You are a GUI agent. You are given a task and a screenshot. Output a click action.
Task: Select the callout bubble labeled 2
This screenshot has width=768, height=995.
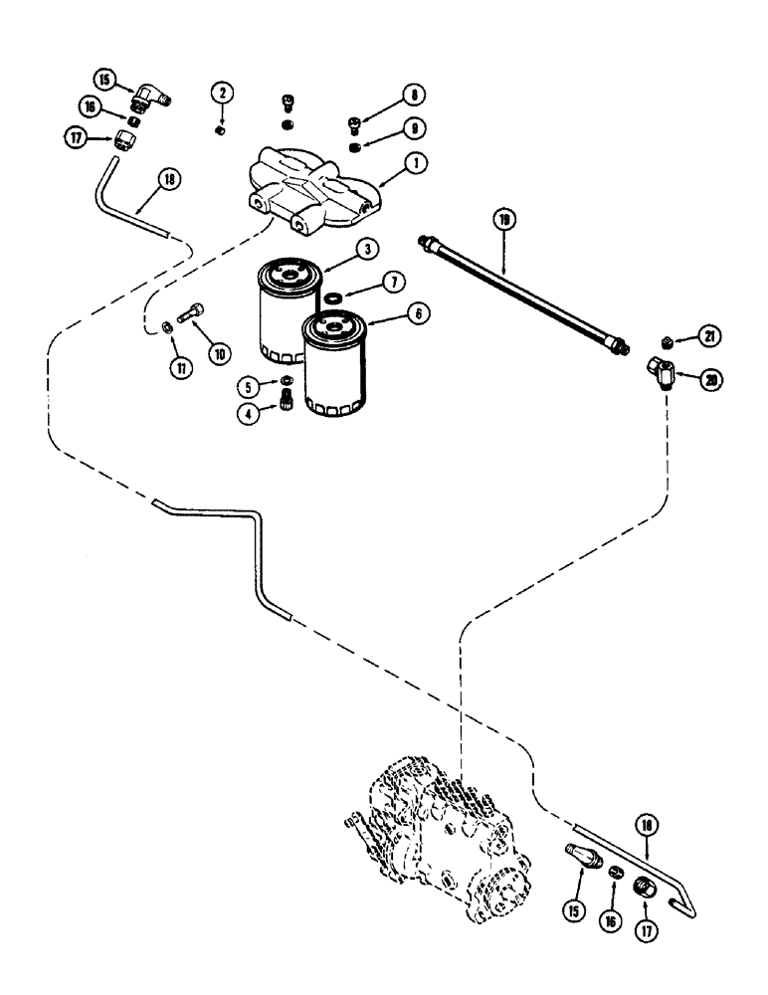click(222, 94)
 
